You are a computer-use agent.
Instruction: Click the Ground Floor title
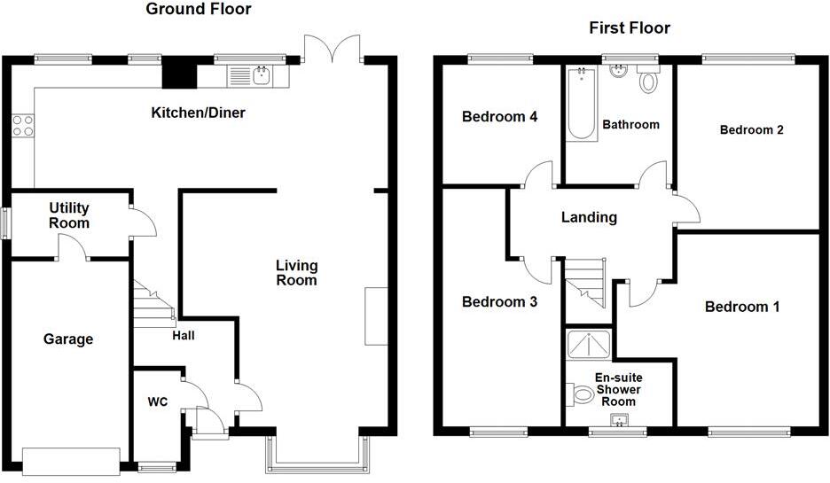(198, 10)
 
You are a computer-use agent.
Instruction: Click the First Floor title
(630, 27)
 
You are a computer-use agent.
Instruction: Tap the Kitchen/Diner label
(198, 113)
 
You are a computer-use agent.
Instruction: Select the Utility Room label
(69, 215)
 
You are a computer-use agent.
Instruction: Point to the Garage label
(68, 339)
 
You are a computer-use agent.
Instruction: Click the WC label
(157, 401)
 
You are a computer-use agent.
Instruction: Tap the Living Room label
(296, 273)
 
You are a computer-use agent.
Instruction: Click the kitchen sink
(262, 76)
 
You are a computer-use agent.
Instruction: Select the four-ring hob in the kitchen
(23, 126)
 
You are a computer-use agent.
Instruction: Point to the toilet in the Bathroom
(649, 82)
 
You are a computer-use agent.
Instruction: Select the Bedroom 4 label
(499, 116)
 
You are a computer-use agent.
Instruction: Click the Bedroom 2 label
(751, 129)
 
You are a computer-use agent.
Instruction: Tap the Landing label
(589, 217)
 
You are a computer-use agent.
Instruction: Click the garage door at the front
(71, 461)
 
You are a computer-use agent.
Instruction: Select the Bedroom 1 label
(742, 307)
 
